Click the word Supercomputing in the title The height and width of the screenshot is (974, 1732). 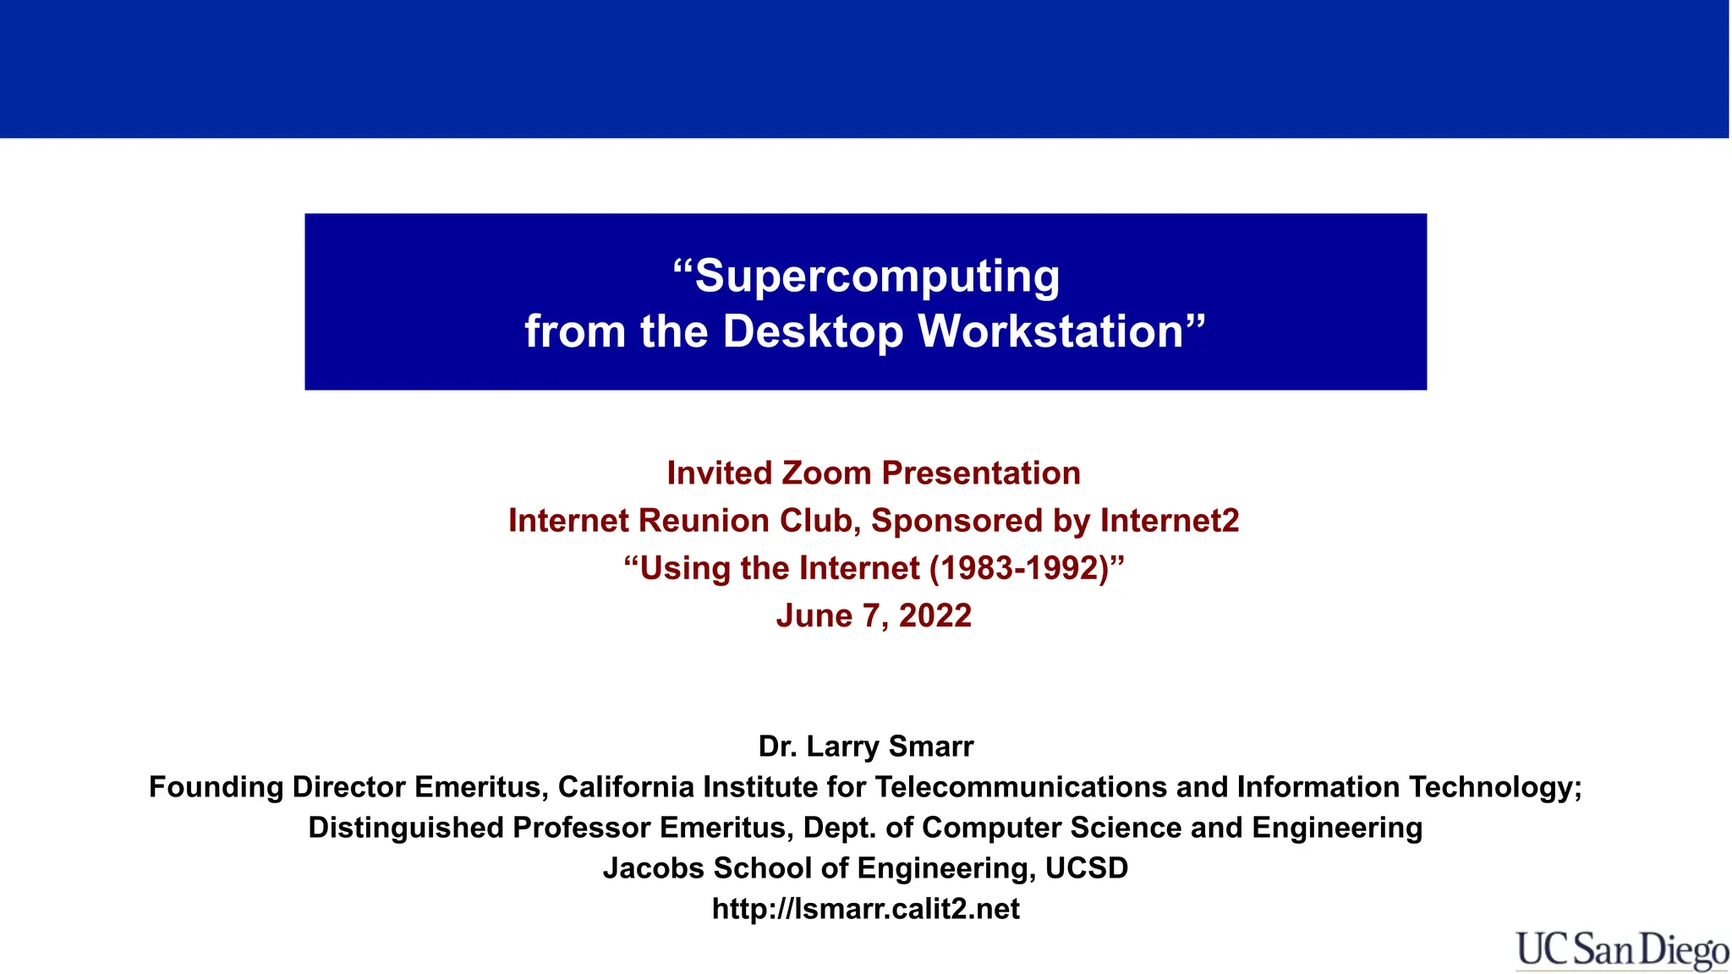(877, 277)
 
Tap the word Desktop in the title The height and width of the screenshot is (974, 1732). (814, 331)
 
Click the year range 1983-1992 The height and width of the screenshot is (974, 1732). (1019, 568)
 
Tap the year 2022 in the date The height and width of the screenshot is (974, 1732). (935, 616)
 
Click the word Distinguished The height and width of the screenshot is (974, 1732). (406, 828)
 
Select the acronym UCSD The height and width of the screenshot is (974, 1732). (1087, 868)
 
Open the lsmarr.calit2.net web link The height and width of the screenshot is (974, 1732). (866, 909)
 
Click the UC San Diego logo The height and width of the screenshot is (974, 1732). (1621, 950)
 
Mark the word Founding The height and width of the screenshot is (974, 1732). (216, 787)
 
